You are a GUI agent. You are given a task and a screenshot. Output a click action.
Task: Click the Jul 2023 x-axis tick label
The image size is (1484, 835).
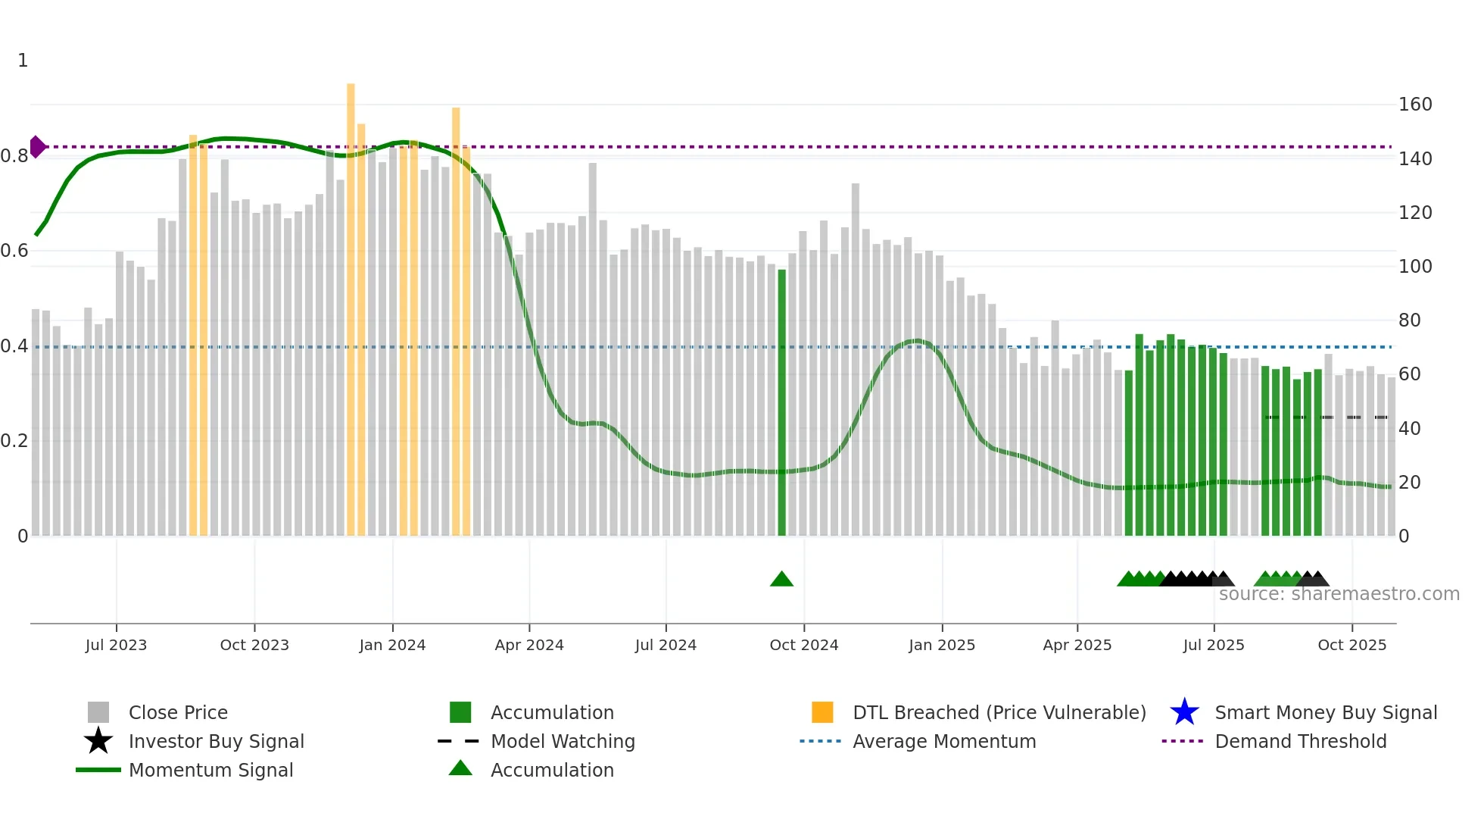[x=116, y=645]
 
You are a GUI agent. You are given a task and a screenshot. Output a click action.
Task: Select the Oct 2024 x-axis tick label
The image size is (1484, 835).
[x=804, y=645]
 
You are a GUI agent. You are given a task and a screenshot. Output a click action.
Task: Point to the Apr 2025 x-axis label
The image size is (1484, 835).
[x=1077, y=645]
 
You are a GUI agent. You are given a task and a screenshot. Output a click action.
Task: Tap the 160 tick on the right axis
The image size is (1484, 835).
[x=1415, y=105]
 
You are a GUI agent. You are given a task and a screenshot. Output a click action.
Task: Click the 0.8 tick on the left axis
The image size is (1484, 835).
[x=14, y=156]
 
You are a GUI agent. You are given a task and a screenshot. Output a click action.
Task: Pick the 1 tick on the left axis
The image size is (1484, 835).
[x=23, y=61]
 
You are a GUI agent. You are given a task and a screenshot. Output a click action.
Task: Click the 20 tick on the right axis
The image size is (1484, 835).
[x=1409, y=482]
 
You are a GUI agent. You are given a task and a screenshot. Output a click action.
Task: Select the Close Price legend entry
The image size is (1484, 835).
[x=178, y=712]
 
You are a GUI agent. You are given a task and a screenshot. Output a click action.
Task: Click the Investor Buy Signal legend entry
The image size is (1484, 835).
[x=216, y=741]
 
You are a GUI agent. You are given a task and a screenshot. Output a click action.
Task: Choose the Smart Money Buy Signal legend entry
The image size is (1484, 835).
[x=1325, y=712]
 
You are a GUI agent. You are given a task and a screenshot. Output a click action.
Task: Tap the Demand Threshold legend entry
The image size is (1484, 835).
[x=1300, y=741]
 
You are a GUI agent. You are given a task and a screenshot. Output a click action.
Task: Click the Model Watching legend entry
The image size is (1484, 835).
[x=563, y=741]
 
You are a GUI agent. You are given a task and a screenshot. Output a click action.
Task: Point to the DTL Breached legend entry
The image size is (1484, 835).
[x=999, y=712]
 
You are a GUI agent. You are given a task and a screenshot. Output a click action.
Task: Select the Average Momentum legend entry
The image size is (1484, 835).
[x=944, y=741]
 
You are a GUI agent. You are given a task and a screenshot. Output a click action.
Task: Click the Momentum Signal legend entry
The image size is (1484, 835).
[x=210, y=770]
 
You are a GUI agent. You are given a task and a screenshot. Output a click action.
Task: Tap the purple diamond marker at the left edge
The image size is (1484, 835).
[x=36, y=147]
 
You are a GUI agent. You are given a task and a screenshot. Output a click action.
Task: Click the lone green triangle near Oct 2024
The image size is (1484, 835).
[x=781, y=580]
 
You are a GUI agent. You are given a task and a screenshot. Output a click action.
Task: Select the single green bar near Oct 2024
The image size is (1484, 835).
[x=782, y=402]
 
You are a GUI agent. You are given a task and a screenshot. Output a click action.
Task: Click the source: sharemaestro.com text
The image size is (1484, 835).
[x=1339, y=594]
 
